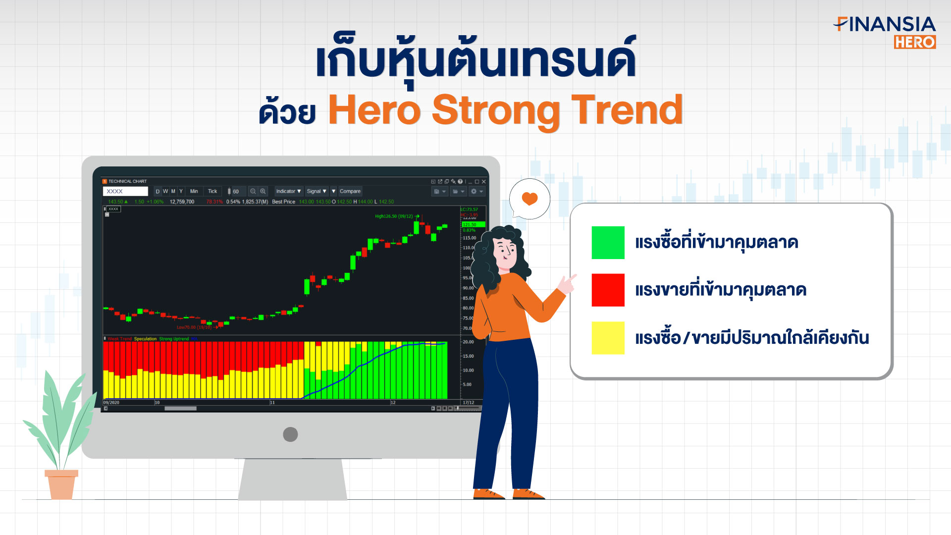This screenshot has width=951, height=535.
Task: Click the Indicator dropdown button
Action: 288,191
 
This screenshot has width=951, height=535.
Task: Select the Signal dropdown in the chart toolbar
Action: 317,191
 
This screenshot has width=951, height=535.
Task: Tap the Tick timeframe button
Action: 212,191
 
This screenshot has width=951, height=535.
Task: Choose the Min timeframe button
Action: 194,191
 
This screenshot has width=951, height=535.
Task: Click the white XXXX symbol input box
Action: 125,191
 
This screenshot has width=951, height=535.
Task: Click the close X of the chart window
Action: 484,182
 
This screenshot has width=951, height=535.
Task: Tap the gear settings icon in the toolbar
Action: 475,191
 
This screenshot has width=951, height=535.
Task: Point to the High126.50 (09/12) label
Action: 394,216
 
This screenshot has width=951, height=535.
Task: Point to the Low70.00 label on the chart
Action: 194,327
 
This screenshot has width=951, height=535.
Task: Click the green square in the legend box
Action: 608,242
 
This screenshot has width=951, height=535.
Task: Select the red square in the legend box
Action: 608,290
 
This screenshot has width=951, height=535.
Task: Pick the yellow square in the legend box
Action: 608,338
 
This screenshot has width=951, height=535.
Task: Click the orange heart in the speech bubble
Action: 529,199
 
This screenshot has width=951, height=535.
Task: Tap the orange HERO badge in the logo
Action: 914,42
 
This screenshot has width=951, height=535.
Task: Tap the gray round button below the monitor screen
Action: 290,434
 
